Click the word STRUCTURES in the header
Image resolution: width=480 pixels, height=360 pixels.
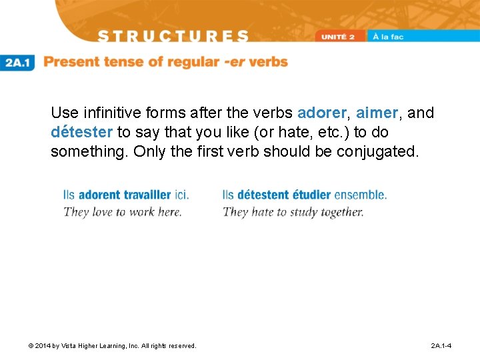[172, 36]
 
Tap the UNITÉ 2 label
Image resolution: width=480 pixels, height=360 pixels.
[342, 37]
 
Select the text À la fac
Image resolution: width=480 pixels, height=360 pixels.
[388, 37]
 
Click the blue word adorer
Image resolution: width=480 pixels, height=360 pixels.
[322, 113]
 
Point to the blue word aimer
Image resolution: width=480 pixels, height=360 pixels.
[378, 113]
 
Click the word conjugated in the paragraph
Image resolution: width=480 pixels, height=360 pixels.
[378, 151]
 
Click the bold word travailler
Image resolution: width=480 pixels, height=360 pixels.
[144, 195]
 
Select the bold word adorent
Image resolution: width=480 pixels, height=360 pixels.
[99, 195]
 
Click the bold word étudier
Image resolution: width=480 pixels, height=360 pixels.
[310, 195]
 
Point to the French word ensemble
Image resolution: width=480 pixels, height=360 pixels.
[360, 195]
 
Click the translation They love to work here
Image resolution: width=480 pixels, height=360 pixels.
[122, 212]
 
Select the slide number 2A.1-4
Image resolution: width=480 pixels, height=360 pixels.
[441, 346]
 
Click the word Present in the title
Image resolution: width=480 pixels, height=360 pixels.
[73, 62]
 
